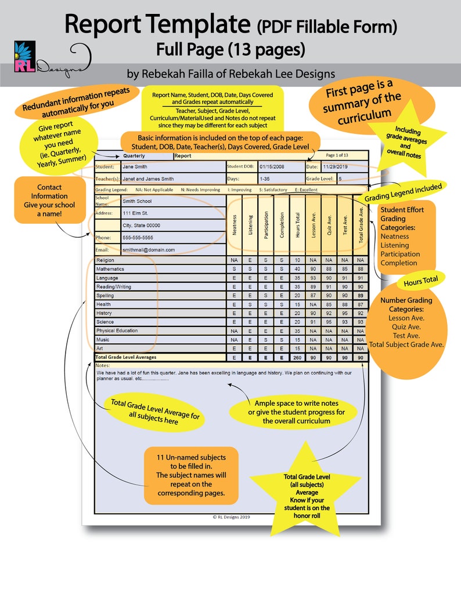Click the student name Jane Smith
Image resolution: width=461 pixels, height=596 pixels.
point(136,167)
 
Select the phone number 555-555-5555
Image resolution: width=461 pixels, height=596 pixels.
point(142,238)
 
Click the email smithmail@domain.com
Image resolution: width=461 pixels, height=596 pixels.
point(149,250)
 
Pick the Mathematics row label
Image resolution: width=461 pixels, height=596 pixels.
point(111,269)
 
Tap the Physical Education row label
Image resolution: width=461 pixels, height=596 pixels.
point(117,330)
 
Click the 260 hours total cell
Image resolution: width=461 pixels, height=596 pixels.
point(297,358)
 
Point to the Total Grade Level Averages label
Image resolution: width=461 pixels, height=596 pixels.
point(126,358)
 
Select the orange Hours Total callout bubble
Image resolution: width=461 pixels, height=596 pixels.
point(417,281)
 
